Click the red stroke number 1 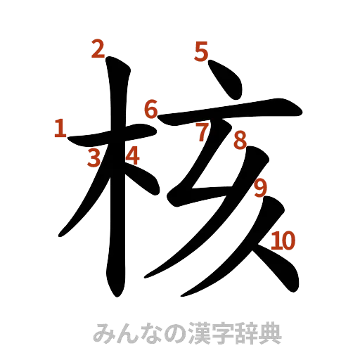pyautogui.click(x=60, y=129)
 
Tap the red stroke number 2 pyautogui.click(x=98, y=49)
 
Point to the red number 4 pyautogui.click(x=131, y=155)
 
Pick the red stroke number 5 pyautogui.click(x=201, y=51)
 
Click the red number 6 pyautogui.click(x=150, y=110)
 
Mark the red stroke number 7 pyautogui.click(x=202, y=131)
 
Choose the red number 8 pyautogui.click(x=239, y=141)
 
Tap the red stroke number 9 pyautogui.click(x=260, y=188)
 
